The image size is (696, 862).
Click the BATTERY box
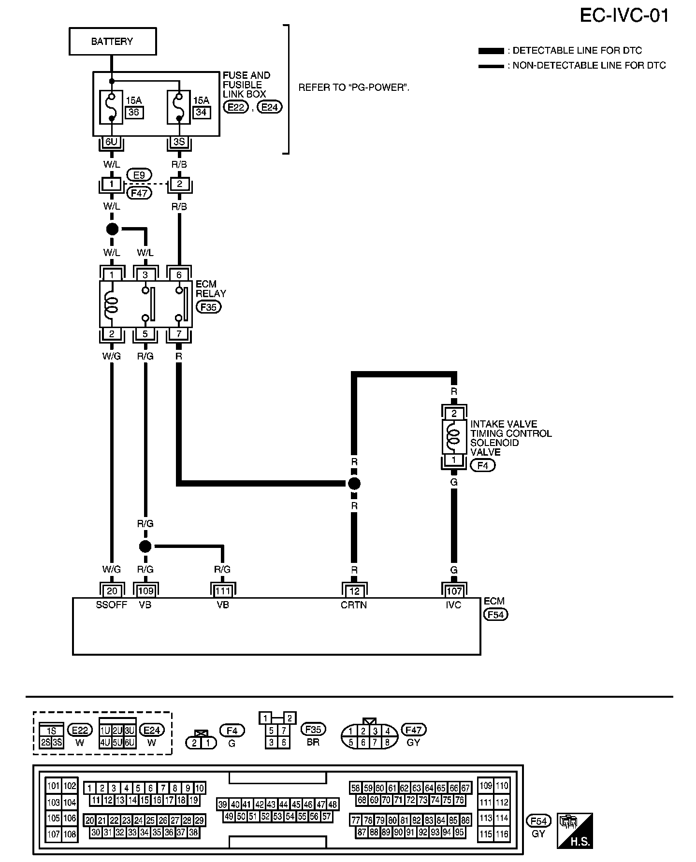point(112,42)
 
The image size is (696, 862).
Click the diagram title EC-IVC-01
point(624,15)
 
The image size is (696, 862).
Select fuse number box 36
point(133,113)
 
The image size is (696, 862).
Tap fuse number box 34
point(201,113)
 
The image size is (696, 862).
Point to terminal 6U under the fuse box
point(112,142)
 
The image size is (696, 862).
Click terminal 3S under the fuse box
point(179,142)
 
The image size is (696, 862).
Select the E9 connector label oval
point(139,175)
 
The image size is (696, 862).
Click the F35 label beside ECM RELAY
point(208,307)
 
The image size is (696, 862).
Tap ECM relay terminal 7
point(179,334)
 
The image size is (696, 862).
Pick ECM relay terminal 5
point(145,334)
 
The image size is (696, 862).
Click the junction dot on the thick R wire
point(354,483)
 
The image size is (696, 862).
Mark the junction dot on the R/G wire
point(145,546)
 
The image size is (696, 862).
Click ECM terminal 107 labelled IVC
point(454,590)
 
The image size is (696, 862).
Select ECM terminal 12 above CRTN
point(354,590)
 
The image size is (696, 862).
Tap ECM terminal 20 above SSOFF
point(112,590)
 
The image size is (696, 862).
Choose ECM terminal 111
point(222,590)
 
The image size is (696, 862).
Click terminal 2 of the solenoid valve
point(454,414)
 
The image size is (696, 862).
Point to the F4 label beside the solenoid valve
point(482,465)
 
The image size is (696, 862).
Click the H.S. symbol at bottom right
point(575,831)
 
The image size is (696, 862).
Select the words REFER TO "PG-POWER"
point(354,88)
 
